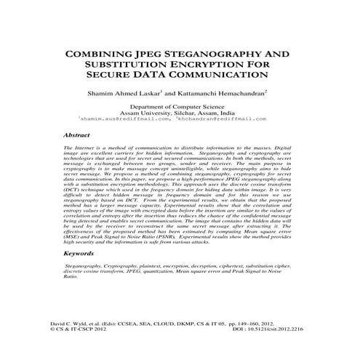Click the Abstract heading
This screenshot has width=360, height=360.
(76, 135)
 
